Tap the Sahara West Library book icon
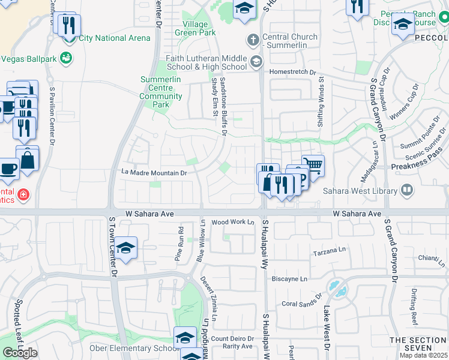click(407, 191)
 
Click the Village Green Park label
click(195, 28)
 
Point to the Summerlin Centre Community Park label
click(161, 92)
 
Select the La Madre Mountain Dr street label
click(155, 173)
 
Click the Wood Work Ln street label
click(233, 222)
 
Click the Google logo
click(20, 353)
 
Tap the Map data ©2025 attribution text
click(423, 355)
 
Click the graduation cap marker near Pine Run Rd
click(125, 248)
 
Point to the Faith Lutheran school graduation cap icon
click(256, 61)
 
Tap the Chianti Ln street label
click(432, 257)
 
